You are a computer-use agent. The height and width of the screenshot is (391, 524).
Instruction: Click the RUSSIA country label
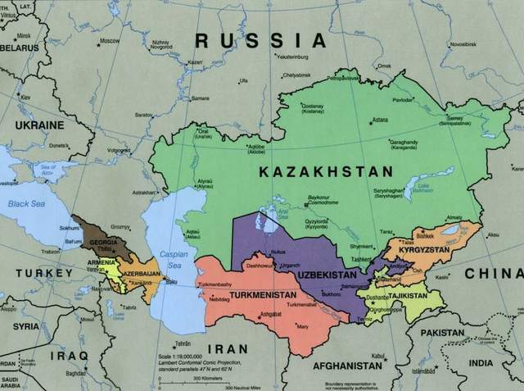[x=260, y=40]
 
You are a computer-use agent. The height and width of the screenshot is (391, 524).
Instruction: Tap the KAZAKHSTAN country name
[x=325, y=171]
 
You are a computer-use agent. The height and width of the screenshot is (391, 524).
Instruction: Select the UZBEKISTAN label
[x=327, y=275]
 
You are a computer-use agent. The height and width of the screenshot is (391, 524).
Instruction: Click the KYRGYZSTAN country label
[x=424, y=248]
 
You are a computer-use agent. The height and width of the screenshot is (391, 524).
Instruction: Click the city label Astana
[x=379, y=120]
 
